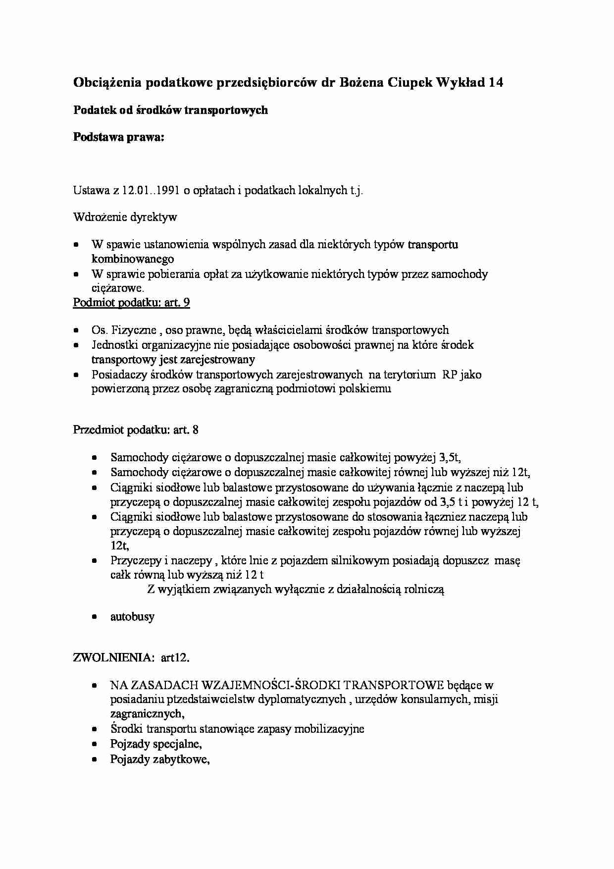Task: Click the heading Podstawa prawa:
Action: point(118,137)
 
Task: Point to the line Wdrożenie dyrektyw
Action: point(125,217)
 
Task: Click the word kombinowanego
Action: point(133,259)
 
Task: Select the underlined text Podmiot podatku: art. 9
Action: point(131,303)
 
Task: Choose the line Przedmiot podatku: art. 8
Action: point(136,430)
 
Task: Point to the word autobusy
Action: point(132,617)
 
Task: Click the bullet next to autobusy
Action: point(95,617)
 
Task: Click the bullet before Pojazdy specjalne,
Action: point(95,745)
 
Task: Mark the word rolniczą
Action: point(424,590)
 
